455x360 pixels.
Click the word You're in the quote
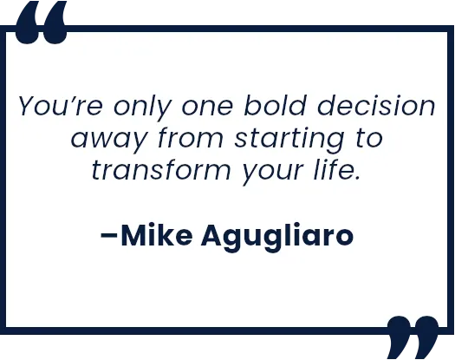coord(61,106)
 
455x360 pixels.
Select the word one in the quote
coord(207,107)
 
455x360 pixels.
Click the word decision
coord(376,105)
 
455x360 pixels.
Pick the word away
coord(108,141)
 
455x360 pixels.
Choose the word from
coord(191,137)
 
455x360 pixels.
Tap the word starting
coord(291,140)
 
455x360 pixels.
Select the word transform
coord(161,169)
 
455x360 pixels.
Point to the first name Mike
coord(156,235)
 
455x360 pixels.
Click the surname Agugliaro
coord(277,238)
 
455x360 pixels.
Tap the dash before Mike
coord(109,237)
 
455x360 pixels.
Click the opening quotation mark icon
coord(41,23)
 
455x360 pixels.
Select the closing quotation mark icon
coord(413,337)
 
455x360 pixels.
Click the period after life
coord(357,177)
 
